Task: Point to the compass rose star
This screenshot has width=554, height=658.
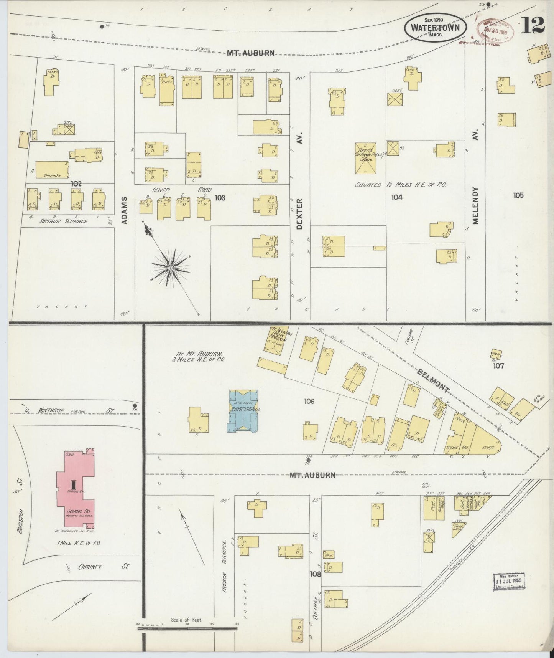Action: (x=170, y=267)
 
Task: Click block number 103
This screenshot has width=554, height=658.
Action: (x=220, y=198)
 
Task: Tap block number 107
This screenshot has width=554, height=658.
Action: (x=498, y=366)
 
